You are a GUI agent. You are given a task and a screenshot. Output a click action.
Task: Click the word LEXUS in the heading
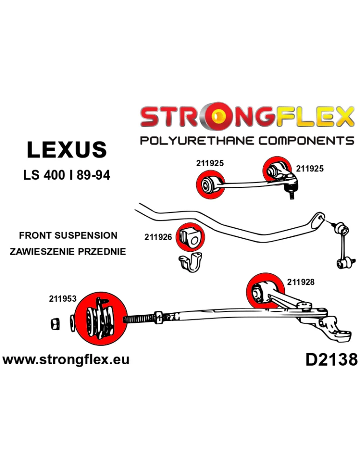[x=67, y=150]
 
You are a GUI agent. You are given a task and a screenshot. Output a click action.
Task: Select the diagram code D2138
[x=332, y=360]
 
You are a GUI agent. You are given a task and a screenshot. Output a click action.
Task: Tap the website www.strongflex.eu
[x=66, y=360]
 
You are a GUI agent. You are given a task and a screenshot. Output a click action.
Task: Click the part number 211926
[x=158, y=237]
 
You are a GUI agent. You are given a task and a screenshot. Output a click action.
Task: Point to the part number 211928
[x=301, y=282]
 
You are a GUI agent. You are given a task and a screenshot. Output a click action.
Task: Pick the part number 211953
[x=63, y=298]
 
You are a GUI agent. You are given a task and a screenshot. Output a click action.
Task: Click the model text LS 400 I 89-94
[x=67, y=177]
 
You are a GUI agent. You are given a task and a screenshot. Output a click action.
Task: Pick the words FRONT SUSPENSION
[x=68, y=235]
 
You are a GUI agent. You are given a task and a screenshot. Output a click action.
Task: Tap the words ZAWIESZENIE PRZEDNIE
[x=68, y=251]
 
